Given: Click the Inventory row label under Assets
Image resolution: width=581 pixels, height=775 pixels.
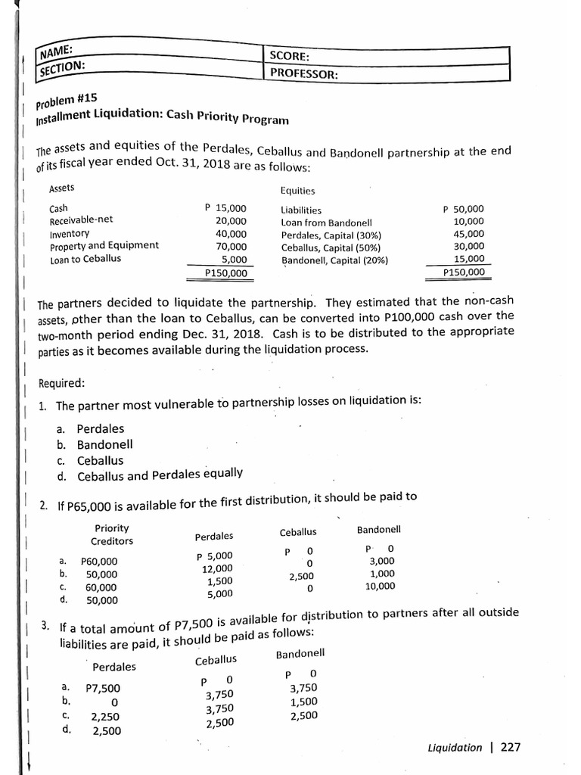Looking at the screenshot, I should pos(70,233).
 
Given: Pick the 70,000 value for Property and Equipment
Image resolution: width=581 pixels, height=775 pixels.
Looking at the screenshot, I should pos(231,246).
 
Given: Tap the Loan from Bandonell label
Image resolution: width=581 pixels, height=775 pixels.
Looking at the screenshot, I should pos(326,223).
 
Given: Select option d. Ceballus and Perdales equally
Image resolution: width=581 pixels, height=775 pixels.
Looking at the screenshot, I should pos(150,474).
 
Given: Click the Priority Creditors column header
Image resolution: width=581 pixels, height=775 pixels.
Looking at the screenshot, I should pos(112,534).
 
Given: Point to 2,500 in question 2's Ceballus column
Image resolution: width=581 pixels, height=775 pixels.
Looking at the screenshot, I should pos(300,577).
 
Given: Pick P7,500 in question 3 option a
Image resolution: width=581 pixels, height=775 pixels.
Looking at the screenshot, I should pos(102,688).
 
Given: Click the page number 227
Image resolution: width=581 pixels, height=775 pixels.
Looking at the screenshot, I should pos(511,747).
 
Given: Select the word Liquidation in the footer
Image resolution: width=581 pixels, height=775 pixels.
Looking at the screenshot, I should pos(454,748).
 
